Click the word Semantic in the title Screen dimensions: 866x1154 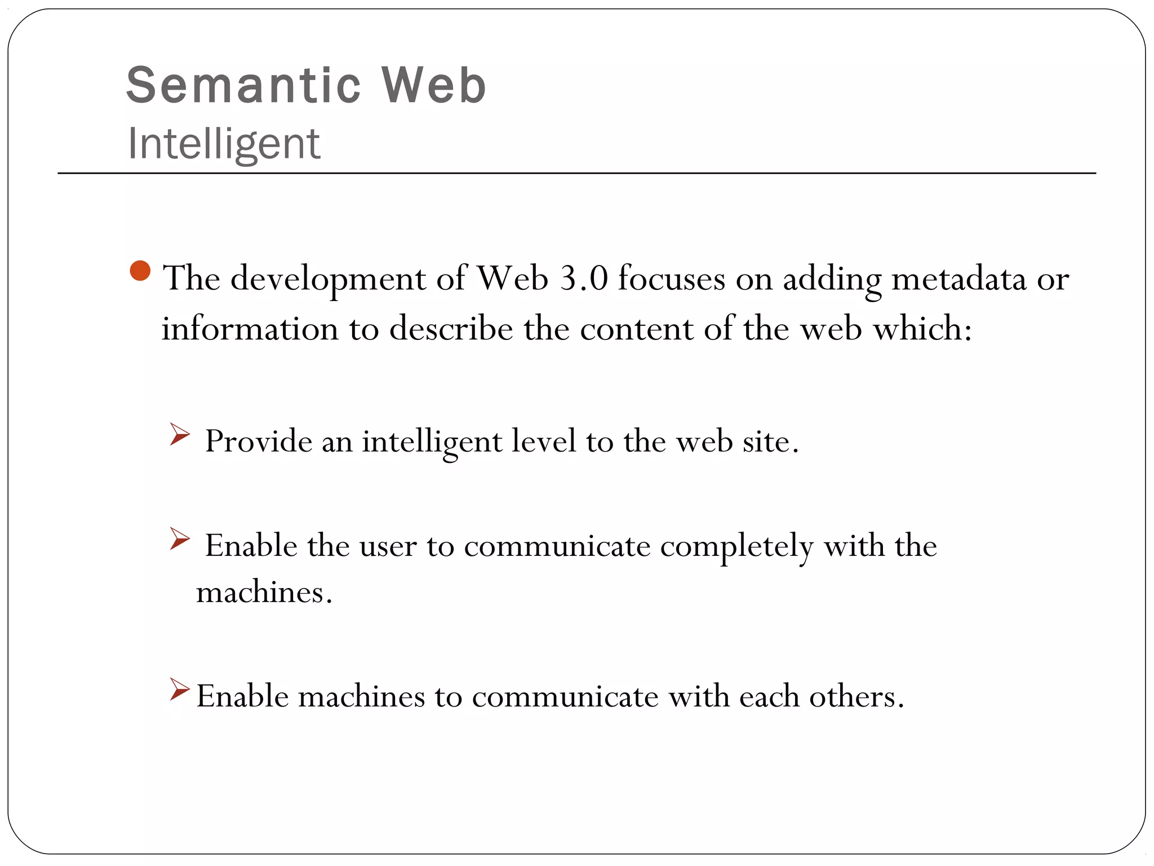point(243,86)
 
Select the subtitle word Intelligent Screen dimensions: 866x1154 point(224,144)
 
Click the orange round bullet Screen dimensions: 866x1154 point(140,271)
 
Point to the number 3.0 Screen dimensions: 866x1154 point(584,278)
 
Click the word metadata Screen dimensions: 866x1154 point(959,278)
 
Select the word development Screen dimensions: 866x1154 point(328,279)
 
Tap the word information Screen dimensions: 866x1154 point(250,328)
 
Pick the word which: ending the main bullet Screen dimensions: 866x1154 point(922,328)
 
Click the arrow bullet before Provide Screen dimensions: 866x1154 point(180,435)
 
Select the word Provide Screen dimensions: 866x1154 point(258,441)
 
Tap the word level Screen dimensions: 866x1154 point(544,441)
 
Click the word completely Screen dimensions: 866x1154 point(736,546)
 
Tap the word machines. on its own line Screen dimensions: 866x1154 point(264,593)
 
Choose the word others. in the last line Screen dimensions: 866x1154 point(856,697)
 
